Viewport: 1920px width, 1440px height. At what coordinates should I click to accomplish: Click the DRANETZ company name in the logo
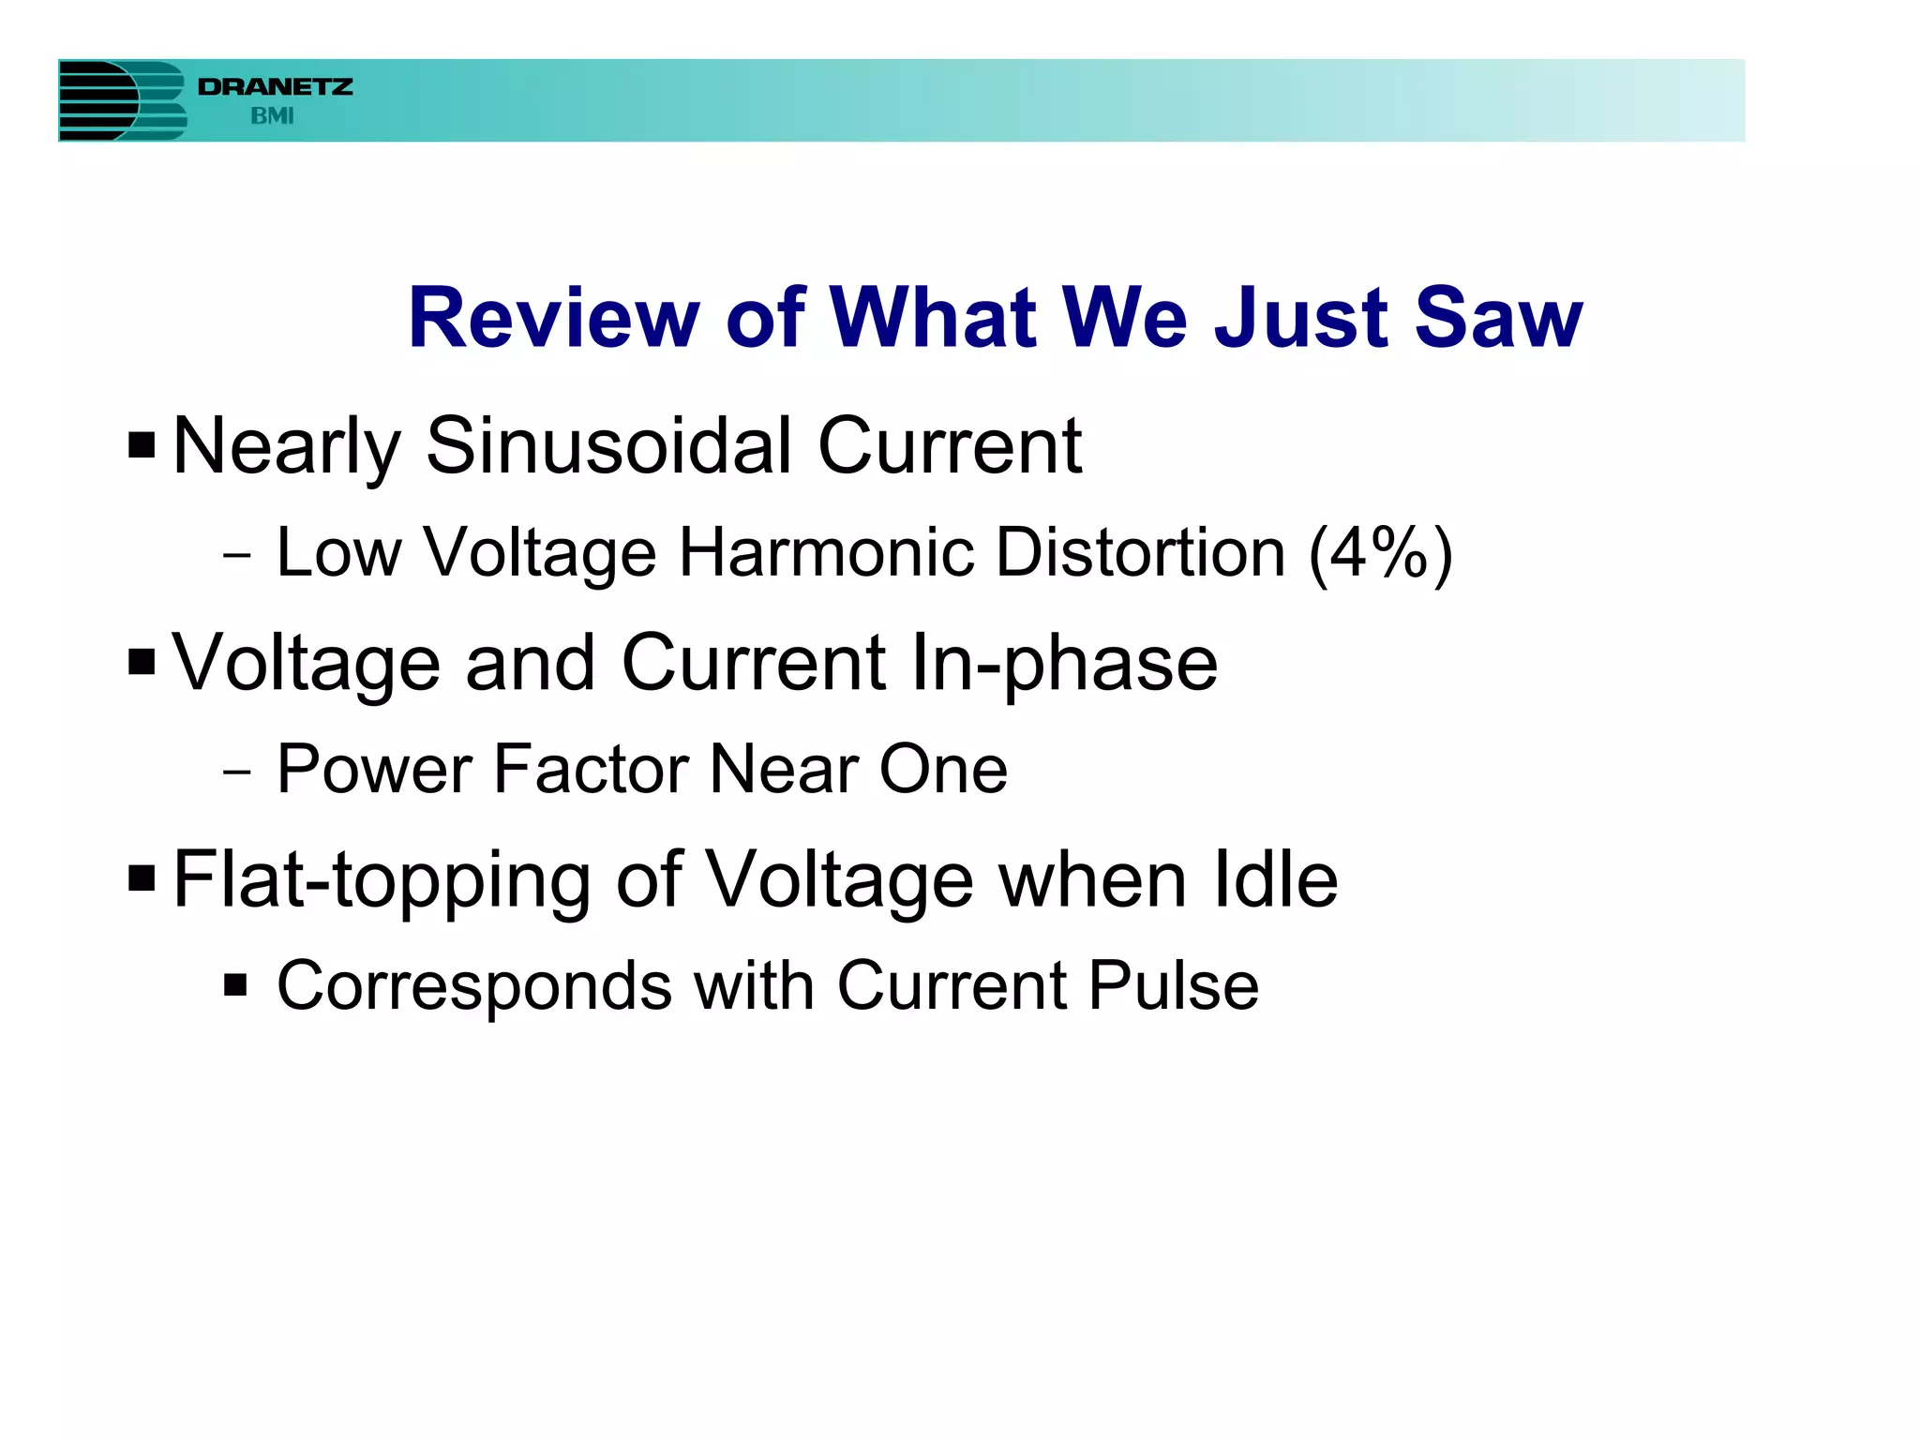[x=275, y=87]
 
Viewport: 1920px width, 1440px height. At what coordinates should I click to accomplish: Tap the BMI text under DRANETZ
[x=272, y=116]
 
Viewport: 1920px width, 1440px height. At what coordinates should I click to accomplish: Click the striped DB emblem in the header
[x=122, y=100]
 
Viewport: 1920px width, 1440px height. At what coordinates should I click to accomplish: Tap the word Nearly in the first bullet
[x=287, y=448]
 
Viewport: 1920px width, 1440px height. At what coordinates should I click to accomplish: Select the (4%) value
[x=1381, y=553]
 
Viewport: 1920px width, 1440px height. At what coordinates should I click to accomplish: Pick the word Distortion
[x=1140, y=552]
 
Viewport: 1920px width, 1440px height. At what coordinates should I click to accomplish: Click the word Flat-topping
[x=382, y=881]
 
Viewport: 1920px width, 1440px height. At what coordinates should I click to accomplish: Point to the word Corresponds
[x=474, y=987]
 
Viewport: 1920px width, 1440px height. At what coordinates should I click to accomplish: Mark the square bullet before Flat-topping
[x=142, y=879]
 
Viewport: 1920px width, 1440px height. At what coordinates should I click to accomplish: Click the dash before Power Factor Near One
[x=237, y=772]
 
